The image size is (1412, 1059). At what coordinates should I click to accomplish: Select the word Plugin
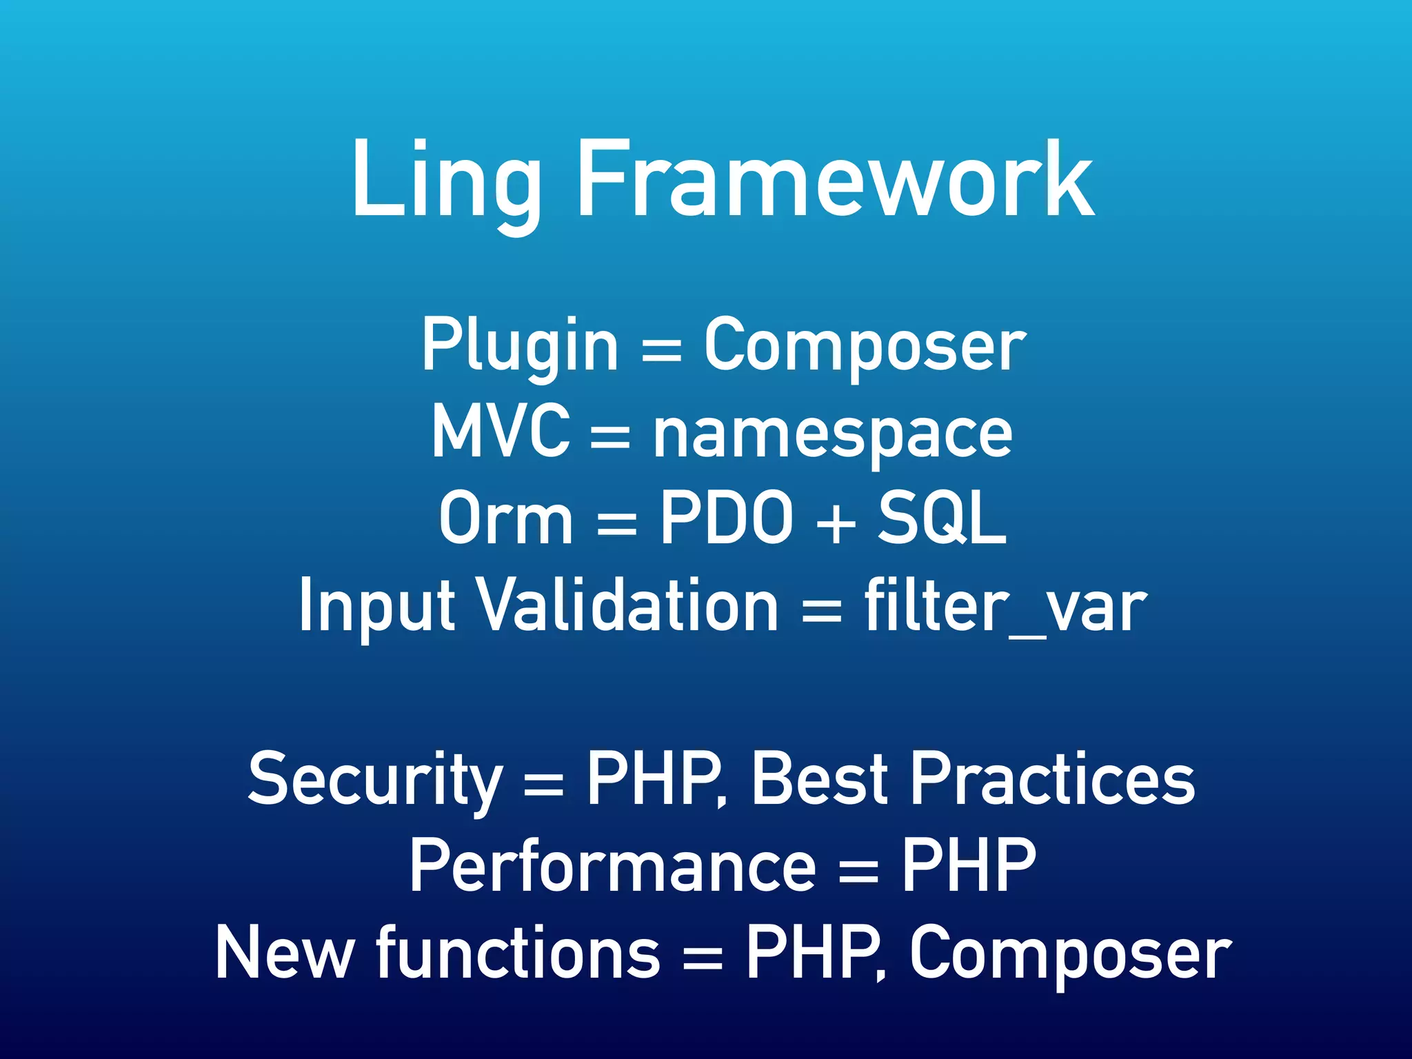point(520,345)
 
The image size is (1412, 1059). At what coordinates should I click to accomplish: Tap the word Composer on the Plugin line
point(865,345)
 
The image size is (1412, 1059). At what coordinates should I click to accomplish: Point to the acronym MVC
point(501,431)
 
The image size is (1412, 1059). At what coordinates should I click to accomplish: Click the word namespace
point(833,434)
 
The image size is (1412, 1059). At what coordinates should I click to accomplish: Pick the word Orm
point(505,518)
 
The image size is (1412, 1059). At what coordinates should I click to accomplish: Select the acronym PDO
point(727,518)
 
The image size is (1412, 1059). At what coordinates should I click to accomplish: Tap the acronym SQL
point(942,518)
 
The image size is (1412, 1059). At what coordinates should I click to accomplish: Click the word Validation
point(628,605)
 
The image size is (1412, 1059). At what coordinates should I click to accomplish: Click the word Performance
point(613,865)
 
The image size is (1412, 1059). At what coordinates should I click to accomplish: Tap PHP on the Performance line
point(969,865)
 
